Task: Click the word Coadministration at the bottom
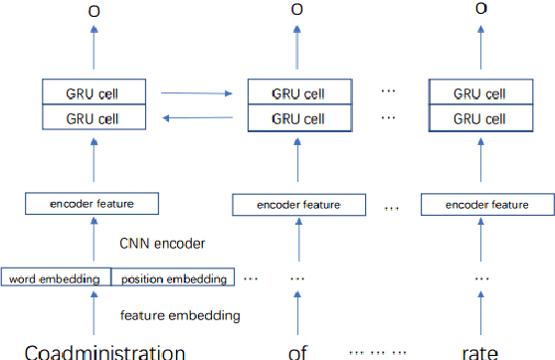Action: click(104, 351)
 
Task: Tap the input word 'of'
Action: click(296, 351)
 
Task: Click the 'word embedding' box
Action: click(56, 278)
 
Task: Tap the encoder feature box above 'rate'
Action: click(474, 205)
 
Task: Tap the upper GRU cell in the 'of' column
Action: click(296, 93)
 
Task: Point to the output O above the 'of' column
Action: click(296, 9)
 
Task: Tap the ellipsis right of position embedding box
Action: click(251, 278)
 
